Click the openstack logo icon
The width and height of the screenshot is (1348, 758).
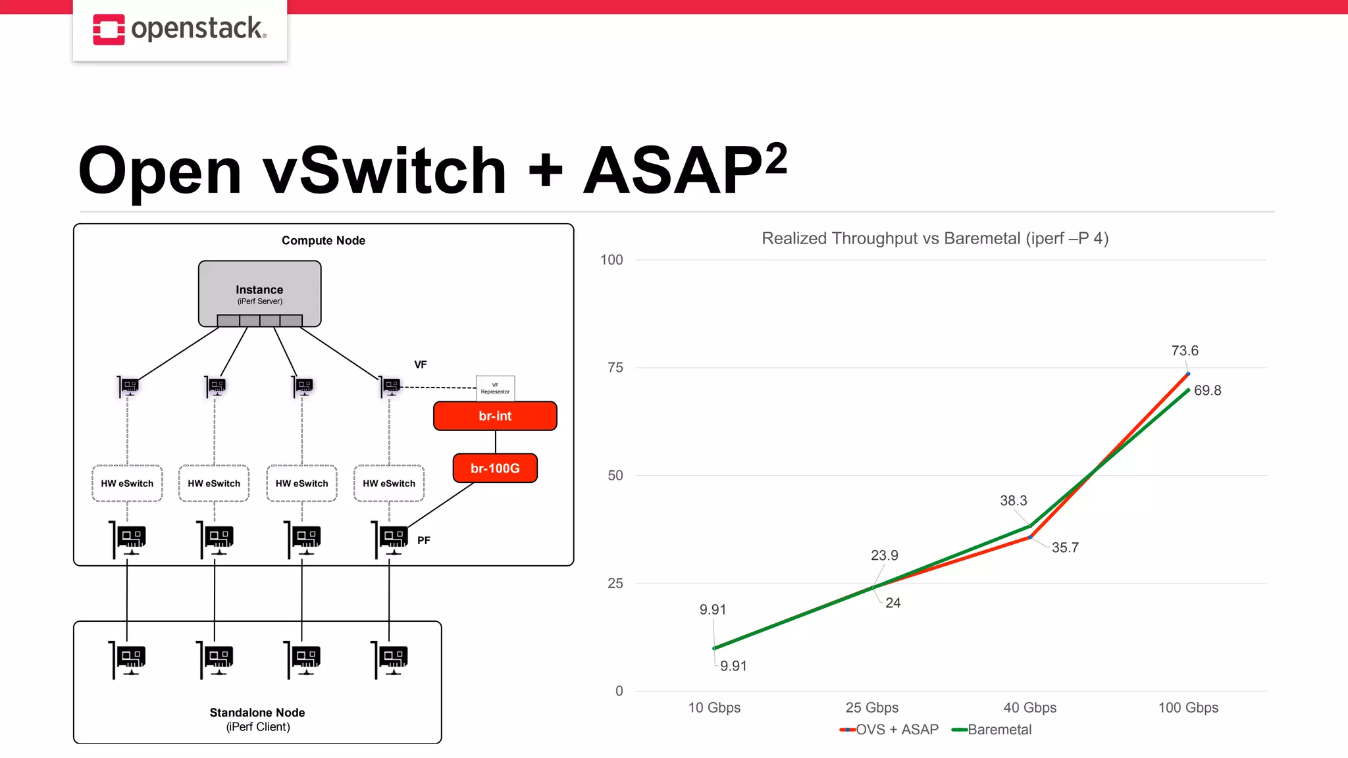(x=109, y=30)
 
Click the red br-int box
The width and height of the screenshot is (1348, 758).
(x=495, y=416)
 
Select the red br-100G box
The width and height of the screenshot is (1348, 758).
(x=495, y=468)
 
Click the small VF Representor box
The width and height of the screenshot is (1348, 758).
(x=495, y=388)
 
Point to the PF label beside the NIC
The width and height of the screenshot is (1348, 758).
(x=424, y=540)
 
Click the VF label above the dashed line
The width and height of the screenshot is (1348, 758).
(x=420, y=365)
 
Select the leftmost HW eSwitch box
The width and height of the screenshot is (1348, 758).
(x=127, y=484)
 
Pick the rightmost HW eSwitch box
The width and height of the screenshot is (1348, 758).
(x=389, y=484)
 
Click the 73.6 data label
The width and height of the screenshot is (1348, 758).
(x=1185, y=351)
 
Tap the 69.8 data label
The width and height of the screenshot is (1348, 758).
(x=1207, y=390)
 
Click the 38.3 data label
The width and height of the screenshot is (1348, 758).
(x=1013, y=501)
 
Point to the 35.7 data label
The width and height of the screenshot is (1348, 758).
(x=1064, y=547)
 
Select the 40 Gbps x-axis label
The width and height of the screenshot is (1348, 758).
(x=1029, y=707)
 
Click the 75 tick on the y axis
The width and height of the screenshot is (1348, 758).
(x=615, y=368)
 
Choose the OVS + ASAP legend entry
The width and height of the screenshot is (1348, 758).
(x=889, y=730)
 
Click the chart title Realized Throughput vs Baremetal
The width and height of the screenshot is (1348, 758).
(x=935, y=238)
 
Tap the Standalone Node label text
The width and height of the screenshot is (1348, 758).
(x=257, y=713)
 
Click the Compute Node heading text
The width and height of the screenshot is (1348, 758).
(x=323, y=241)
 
